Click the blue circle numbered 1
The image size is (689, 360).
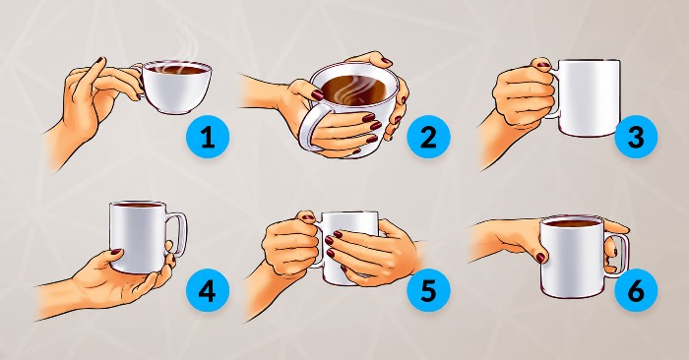tap(208, 137)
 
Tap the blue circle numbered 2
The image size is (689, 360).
tap(428, 137)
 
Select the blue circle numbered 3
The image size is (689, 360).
tap(636, 137)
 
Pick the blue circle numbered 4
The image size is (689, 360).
tap(208, 290)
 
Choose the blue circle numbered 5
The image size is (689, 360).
tap(428, 290)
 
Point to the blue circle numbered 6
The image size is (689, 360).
tap(636, 290)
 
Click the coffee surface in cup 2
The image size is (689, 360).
tap(356, 90)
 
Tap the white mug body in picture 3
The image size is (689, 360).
tap(590, 97)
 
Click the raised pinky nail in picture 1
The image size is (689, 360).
tap(99, 60)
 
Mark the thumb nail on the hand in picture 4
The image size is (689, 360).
tap(116, 252)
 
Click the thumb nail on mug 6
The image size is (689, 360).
tap(540, 258)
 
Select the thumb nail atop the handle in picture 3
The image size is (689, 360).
tap(544, 66)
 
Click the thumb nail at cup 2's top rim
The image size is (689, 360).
tap(387, 61)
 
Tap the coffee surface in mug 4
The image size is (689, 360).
tap(138, 205)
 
